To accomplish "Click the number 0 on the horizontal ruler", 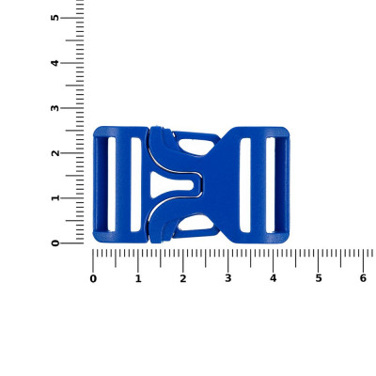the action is point(93,278).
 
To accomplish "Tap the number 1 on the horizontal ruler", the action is point(138,278).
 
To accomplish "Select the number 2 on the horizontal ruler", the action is point(183,278).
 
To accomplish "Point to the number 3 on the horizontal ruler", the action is point(228,278).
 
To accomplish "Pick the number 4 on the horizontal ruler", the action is point(274,278).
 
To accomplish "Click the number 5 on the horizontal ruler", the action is point(319,278).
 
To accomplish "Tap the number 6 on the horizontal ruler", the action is point(363,278).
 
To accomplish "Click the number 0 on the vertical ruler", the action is point(55,243).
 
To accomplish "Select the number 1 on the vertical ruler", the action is point(55,198).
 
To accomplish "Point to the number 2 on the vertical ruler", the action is point(55,153).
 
